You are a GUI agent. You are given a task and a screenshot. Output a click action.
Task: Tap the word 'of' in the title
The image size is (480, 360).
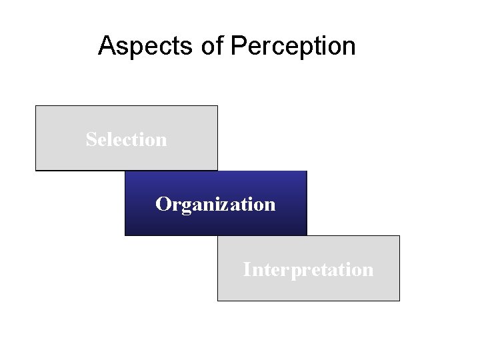[208, 46]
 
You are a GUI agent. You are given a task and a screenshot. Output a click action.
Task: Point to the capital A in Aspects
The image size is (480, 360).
[106, 46]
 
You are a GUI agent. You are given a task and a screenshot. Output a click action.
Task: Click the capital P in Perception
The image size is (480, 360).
[238, 46]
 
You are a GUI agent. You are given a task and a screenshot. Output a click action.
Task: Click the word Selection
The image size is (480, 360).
[127, 139]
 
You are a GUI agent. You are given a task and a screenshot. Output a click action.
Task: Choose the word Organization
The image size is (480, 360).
[215, 204]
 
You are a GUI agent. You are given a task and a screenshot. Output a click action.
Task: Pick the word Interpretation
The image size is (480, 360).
[308, 269]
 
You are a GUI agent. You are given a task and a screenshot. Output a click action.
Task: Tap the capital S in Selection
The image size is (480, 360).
[91, 139]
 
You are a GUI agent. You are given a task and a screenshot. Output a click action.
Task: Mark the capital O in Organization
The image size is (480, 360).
[162, 204]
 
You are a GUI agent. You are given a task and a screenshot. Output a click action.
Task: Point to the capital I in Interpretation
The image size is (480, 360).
[247, 269]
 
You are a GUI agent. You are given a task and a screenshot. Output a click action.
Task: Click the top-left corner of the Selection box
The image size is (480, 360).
[36, 106]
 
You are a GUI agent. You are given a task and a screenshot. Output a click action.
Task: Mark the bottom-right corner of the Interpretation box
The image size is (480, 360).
[399, 301]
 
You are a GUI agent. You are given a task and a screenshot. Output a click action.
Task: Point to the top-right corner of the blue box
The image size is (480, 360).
[307, 171]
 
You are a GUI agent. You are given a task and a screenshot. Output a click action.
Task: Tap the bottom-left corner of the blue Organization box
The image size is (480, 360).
[125, 235]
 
